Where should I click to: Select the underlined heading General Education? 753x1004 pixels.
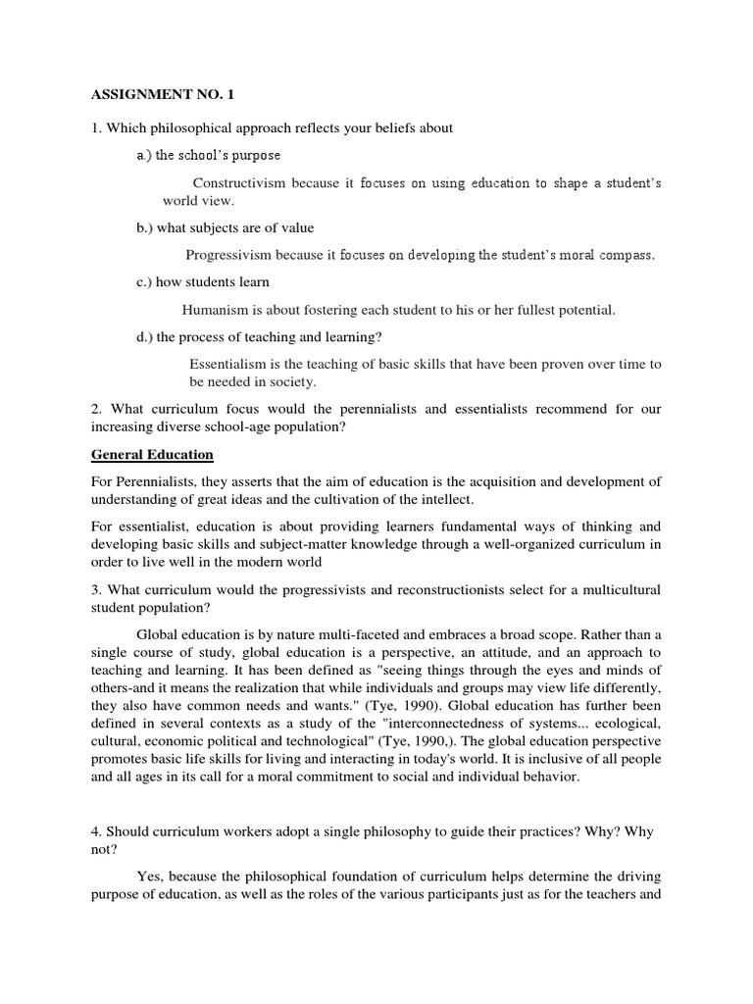point(152,455)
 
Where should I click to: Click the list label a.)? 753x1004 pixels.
point(144,155)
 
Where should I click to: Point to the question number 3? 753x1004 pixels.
point(96,589)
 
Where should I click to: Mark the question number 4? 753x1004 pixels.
point(96,831)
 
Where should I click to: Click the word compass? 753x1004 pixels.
point(622,255)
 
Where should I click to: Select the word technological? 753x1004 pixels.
point(347,741)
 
